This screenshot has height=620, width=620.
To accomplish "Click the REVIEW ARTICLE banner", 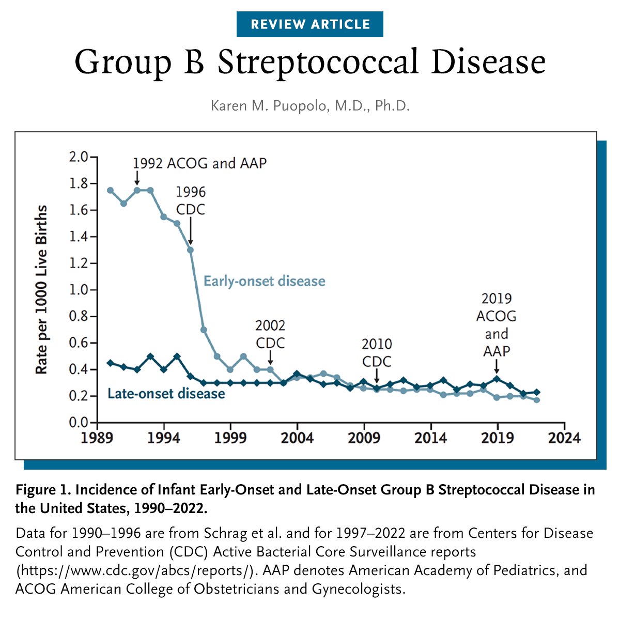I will [310, 24].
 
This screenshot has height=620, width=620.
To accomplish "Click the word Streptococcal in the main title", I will [318, 63].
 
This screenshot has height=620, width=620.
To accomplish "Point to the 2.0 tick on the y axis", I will [79, 157].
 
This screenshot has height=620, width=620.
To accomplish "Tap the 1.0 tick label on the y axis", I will [79, 290].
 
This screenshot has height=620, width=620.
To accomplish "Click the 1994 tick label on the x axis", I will [164, 438].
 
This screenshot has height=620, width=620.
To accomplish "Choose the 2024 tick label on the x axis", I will [564, 438].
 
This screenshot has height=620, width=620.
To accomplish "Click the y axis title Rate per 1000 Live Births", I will [41, 289].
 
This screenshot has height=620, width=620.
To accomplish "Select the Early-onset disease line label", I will [264, 282].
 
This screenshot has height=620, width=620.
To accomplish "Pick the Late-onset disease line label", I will [166, 394].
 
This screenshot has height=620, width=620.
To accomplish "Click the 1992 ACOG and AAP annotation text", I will [199, 163].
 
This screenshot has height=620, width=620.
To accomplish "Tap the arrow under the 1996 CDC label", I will [190, 231].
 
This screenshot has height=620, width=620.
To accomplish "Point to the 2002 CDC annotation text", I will [270, 334].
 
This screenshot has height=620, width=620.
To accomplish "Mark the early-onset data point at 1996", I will [190, 250].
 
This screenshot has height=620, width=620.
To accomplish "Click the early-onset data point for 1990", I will [110, 190].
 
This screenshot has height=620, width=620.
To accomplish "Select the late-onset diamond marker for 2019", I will [497, 379].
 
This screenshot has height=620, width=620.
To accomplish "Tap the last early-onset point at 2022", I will [537, 400].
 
